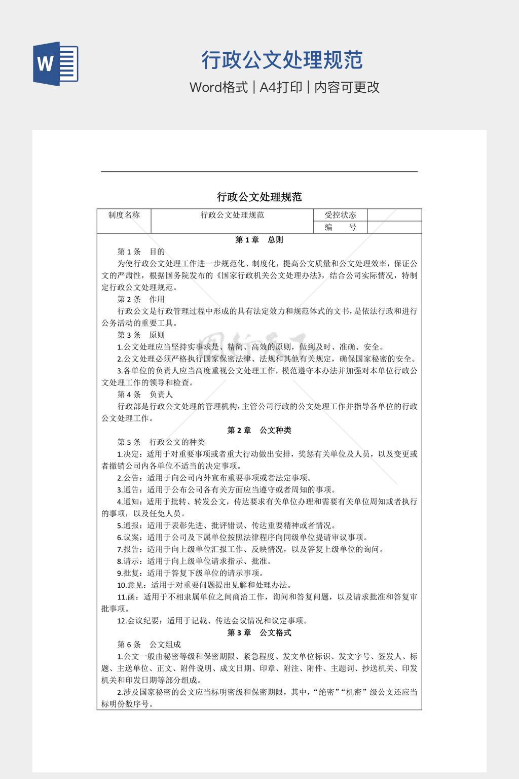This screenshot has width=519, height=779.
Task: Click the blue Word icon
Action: tap(56, 64)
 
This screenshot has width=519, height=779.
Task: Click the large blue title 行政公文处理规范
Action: tap(282, 60)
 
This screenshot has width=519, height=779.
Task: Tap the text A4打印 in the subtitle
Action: tap(281, 87)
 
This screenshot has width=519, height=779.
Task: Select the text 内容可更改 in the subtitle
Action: tap(347, 87)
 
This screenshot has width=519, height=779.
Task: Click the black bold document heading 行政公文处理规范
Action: tap(259, 197)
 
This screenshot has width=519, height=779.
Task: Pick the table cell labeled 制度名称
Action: tap(124, 215)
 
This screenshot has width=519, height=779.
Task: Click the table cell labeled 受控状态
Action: tap(340, 215)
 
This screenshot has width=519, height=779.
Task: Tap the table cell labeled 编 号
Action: tap(340, 227)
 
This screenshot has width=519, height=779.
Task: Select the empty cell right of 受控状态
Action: tap(394, 215)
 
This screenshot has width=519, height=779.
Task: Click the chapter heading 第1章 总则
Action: tap(259, 240)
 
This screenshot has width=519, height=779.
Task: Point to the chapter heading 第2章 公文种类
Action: tap(259, 430)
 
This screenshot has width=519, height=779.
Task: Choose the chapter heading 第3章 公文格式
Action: tap(259, 632)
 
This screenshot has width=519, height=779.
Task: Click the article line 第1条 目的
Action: tap(141, 252)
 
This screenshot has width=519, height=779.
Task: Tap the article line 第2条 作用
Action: tap(141, 299)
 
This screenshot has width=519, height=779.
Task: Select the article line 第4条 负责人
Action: tap(145, 394)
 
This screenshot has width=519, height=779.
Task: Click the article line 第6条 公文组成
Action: tap(149, 645)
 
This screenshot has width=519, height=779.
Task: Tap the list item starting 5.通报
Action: tap(226, 525)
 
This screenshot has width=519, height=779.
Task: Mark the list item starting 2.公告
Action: tap(214, 478)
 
